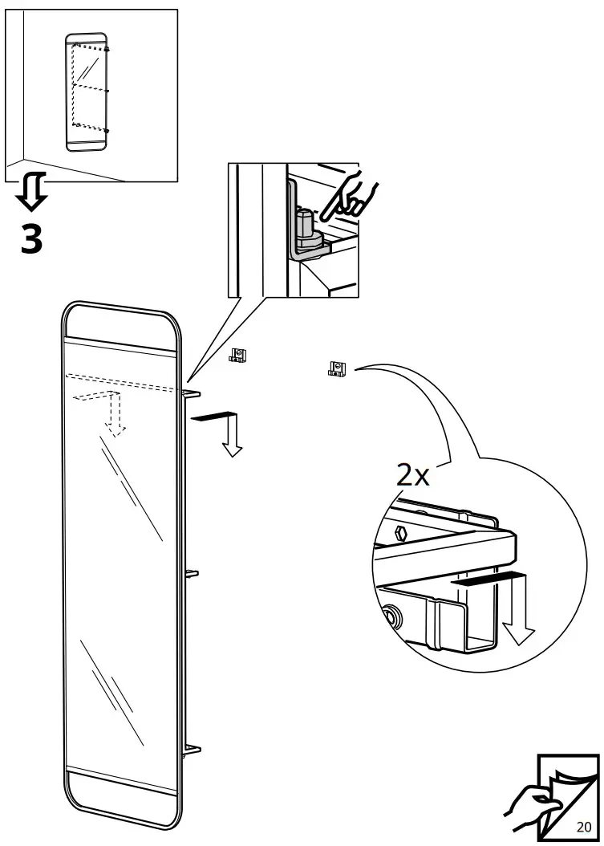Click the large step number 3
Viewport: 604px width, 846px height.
pos(31,238)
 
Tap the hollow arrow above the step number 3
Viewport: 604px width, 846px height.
pos(33,191)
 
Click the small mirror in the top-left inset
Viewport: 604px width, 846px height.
pos(87,92)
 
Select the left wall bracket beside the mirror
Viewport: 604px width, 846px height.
pos(237,355)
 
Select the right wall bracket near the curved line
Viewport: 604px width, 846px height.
pos(336,368)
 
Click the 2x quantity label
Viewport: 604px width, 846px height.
pos(413,476)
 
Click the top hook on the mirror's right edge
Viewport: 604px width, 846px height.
pos(193,393)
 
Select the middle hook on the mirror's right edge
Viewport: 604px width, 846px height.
pos(192,573)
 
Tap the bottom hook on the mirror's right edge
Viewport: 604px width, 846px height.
pos(192,750)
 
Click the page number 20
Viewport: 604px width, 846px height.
pos(583,827)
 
